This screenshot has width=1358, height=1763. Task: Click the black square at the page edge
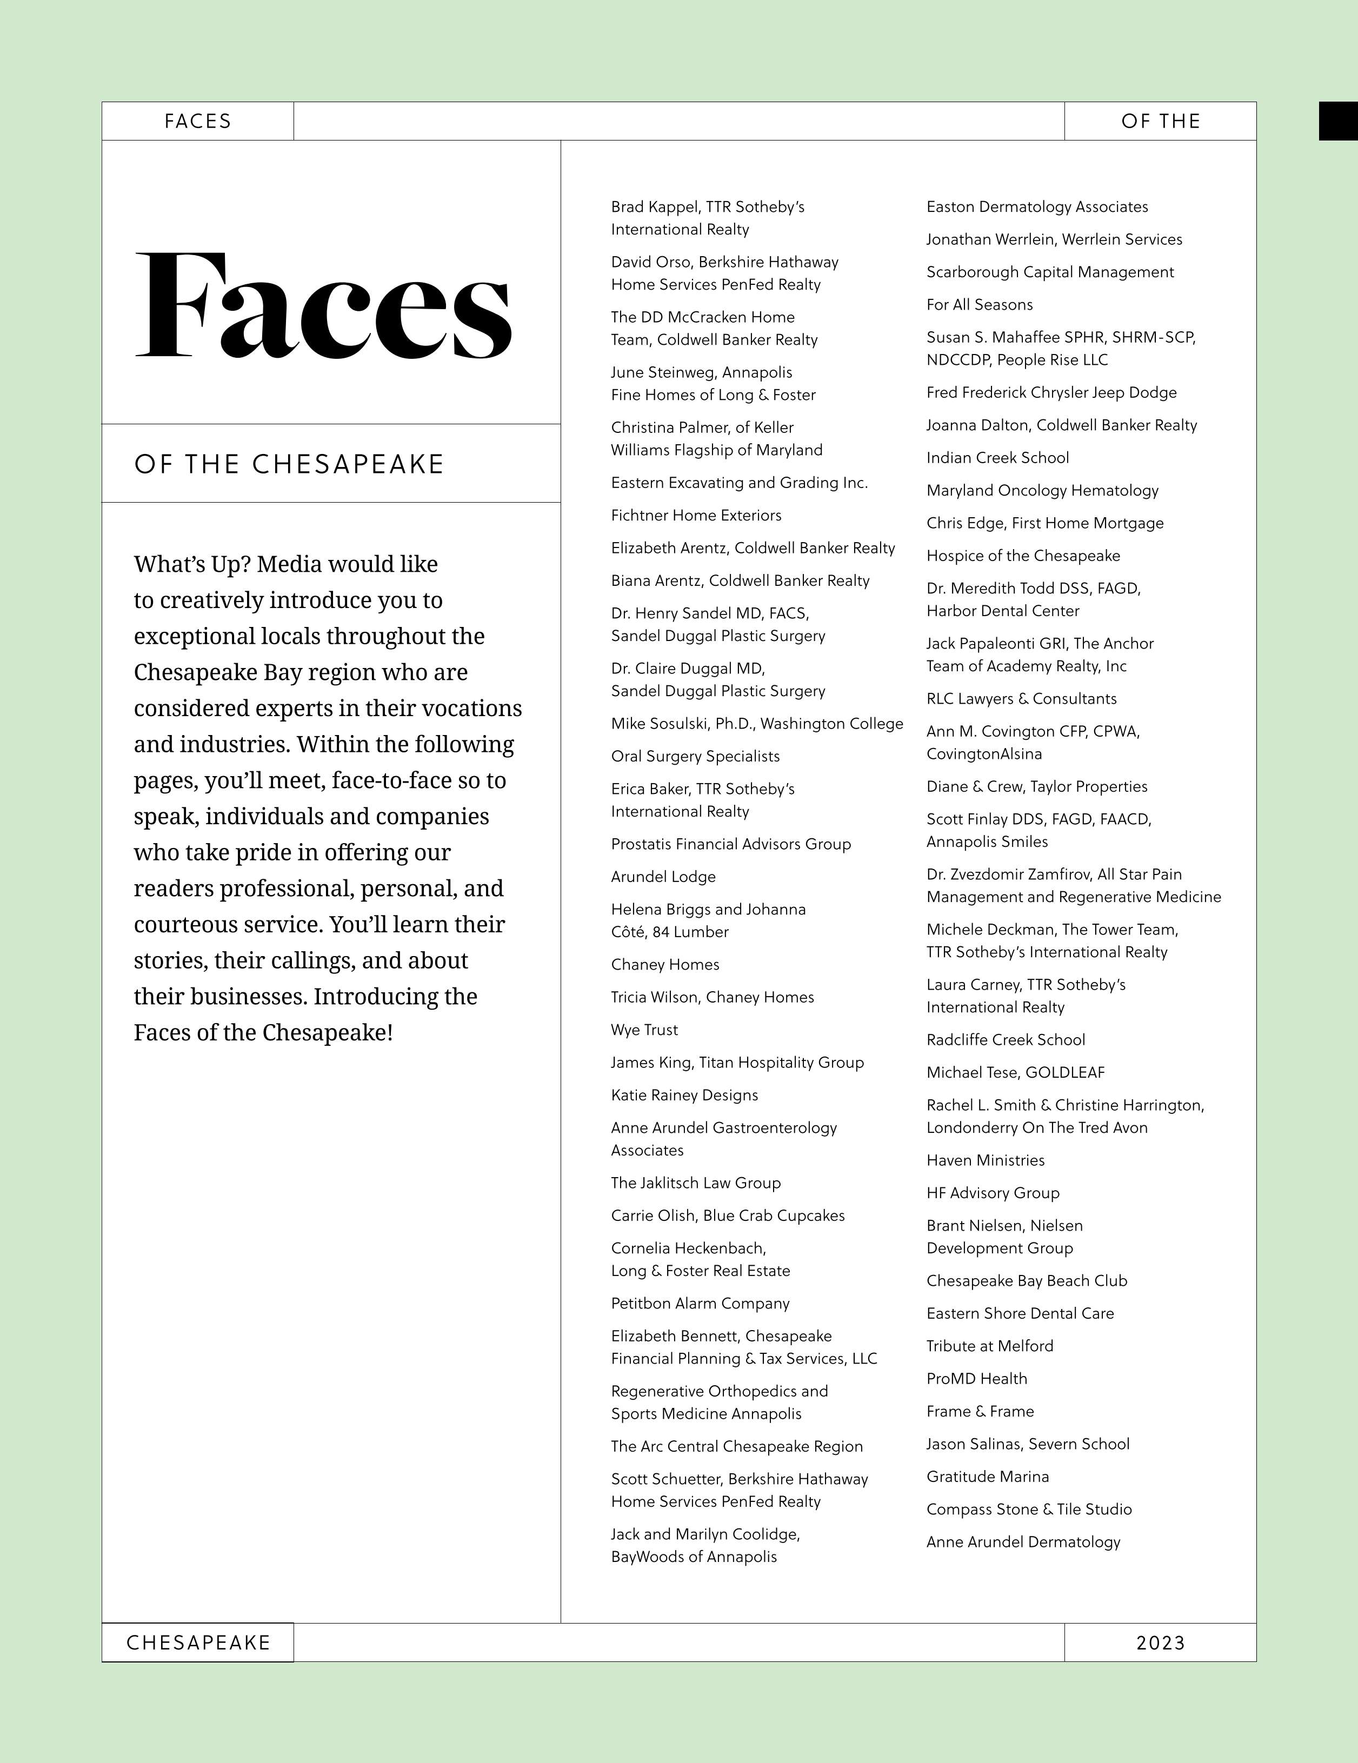(1338, 121)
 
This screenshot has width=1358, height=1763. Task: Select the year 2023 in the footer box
(1160, 1642)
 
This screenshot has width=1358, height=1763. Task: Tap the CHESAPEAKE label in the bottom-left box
(198, 1642)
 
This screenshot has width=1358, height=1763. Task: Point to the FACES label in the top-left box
(198, 121)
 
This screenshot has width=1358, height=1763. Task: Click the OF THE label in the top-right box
(1160, 121)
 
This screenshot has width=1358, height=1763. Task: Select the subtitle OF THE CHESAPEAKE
(289, 464)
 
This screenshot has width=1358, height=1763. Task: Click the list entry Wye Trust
(644, 1029)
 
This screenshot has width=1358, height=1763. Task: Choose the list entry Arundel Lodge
(663, 876)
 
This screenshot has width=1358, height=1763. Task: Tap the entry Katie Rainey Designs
(684, 1094)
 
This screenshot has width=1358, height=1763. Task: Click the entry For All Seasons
(980, 304)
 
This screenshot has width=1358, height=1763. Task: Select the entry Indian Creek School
(997, 458)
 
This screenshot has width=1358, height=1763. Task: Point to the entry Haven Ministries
(985, 1160)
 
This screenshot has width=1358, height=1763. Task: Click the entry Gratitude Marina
(988, 1477)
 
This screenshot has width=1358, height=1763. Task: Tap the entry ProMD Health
(977, 1379)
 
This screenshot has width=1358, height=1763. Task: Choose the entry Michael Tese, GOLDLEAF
(1015, 1072)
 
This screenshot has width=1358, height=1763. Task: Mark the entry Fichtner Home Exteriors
(696, 515)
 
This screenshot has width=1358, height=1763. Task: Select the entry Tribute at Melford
(990, 1346)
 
